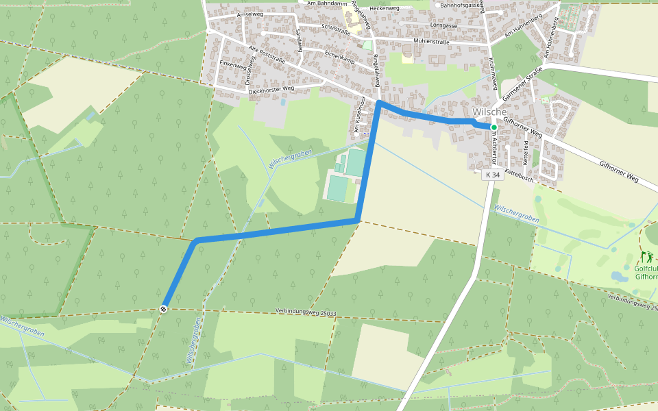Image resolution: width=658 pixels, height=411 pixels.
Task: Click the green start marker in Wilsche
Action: click(x=493, y=127)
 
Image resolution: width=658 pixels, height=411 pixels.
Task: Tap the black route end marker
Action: click(x=164, y=309)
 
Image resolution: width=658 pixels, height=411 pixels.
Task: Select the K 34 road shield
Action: click(x=492, y=175)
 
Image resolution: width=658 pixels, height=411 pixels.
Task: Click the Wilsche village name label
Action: click(x=489, y=112)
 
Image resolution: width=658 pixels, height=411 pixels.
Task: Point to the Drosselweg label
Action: click(x=251, y=70)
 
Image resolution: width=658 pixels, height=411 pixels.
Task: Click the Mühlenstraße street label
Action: click(x=431, y=42)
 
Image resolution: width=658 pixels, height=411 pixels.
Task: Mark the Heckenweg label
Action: click(x=384, y=8)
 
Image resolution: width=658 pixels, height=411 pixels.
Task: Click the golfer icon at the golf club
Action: click(x=646, y=258)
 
